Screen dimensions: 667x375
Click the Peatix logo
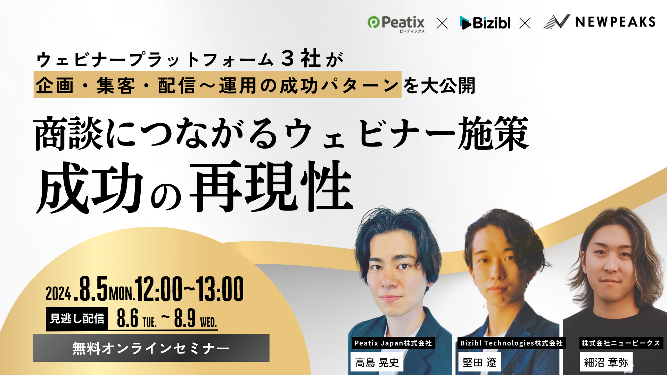396,24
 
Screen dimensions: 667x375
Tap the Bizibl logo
485,23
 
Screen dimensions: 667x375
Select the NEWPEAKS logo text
615,22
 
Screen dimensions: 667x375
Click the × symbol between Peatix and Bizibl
442,23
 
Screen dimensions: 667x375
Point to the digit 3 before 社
288,58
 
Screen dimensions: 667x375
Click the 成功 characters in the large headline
90,187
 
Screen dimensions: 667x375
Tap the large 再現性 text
272,186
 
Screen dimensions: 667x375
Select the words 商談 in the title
68,133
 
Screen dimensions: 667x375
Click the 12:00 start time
159,289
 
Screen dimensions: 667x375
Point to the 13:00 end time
220,289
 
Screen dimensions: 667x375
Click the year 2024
58,294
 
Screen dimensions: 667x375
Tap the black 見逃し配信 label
77,318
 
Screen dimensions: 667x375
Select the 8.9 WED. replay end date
195,318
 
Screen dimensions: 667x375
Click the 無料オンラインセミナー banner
151,348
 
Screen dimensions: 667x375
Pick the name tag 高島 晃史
377,362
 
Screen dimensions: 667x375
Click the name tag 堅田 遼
480,362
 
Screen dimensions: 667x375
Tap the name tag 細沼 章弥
606,362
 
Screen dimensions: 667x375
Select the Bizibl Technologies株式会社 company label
511,343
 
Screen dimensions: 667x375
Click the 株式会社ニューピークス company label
621,343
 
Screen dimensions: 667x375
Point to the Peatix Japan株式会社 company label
393,343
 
